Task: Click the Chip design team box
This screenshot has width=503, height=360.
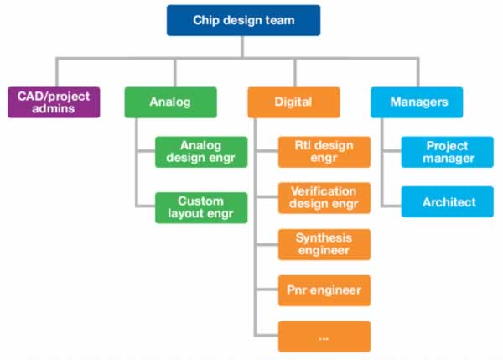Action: (x=243, y=20)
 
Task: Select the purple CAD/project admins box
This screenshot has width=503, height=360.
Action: (x=54, y=102)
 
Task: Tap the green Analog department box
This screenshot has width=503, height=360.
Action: (x=171, y=102)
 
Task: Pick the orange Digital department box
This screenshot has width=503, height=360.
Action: (x=294, y=102)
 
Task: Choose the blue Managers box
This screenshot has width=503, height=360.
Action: (x=417, y=102)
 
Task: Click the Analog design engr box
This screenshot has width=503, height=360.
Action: (x=201, y=152)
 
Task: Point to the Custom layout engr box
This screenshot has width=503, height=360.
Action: (x=201, y=208)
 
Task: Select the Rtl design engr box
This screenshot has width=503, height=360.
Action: (x=324, y=152)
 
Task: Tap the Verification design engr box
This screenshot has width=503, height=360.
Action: (x=324, y=198)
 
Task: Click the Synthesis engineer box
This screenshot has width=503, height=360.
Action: (x=324, y=244)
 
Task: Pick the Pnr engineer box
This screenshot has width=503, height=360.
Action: (x=324, y=290)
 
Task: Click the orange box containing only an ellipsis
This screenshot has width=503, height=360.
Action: (x=324, y=337)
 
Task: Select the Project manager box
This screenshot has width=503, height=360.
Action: (x=448, y=152)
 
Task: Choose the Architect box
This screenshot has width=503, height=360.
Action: (x=448, y=201)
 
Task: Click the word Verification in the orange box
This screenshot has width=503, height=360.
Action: (x=324, y=191)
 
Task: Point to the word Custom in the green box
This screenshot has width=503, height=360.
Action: (x=201, y=201)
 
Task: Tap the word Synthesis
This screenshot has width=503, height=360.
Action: (x=324, y=238)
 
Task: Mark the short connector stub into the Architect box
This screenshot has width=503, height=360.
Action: (x=392, y=206)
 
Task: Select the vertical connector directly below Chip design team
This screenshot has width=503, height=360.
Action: (x=242, y=47)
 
